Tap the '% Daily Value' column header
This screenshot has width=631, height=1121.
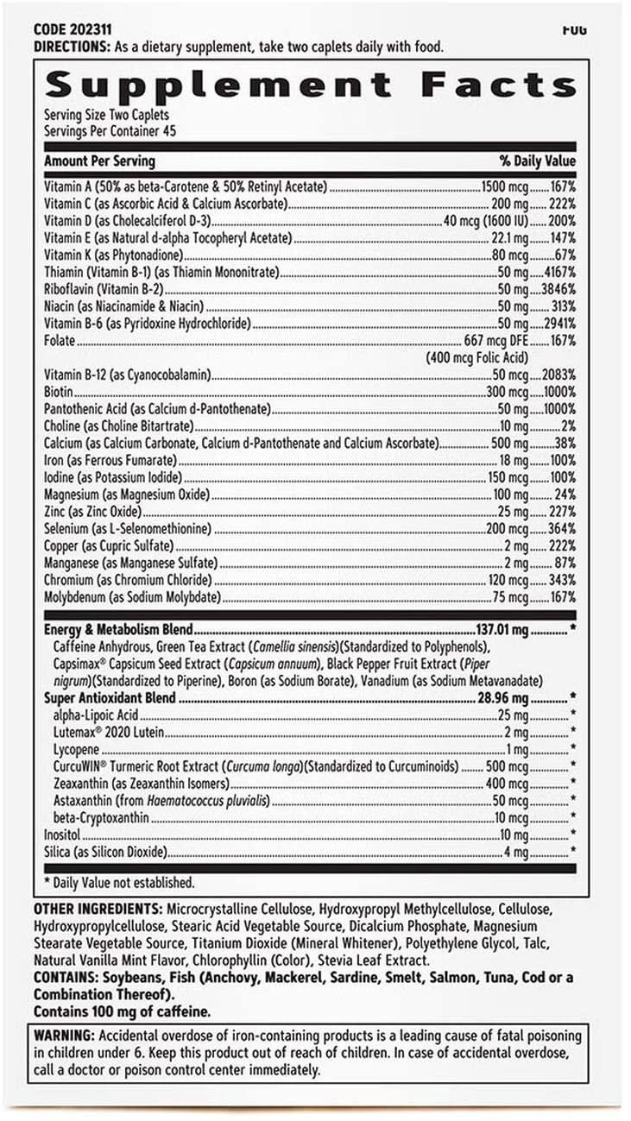[x=537, y=161]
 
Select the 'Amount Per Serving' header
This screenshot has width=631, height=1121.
[x=99, y=161]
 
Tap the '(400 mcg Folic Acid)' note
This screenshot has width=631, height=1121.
[x=476, y=357]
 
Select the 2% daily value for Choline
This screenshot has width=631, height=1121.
[x=569, y=425]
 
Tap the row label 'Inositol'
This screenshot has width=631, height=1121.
[x=63, y=834]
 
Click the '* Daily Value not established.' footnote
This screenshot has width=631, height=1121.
[x=119, y=883]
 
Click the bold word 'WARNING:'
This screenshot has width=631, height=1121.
[x=64, y=1036]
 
